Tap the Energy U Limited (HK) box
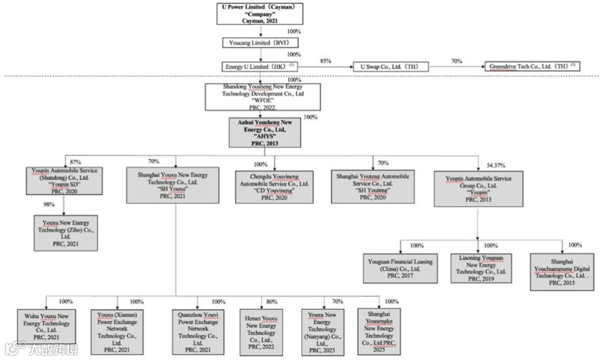coord(257,66)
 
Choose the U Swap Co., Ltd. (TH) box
coord(391,67)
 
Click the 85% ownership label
coord(326,61)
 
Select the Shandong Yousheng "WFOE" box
coord(255,97)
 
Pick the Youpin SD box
coord(65,181)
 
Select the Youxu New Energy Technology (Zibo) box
coord(66,233)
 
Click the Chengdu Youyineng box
coord(274,186)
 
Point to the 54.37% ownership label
coord(497,166)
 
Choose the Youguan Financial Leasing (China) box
coord(400,268)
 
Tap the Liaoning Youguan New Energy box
coord(481,268)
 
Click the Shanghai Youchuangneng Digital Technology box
coord(562,272)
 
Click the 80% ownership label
coord(272,302)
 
